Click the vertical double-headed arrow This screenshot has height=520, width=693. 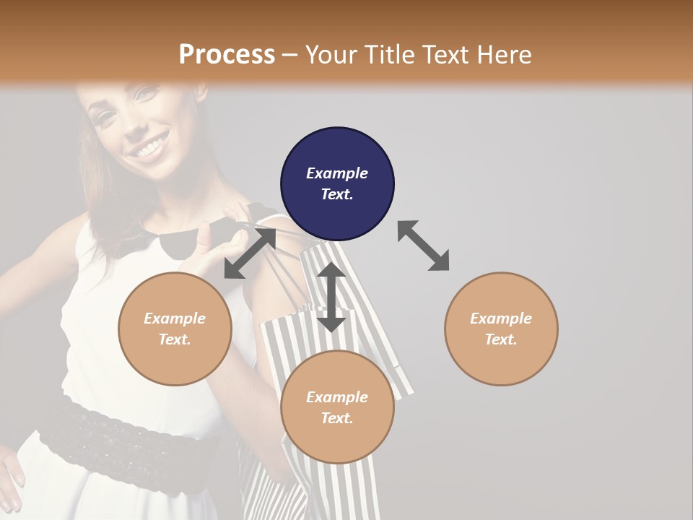tap(331, 297)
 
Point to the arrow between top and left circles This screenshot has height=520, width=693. tap(250, 253)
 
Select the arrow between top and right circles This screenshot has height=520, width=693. tap(423, 246)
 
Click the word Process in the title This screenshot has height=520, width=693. tap(227, 54)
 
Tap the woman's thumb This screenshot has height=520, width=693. tap(205, 235)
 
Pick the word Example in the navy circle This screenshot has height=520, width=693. tap(337, 173)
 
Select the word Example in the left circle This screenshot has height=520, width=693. tap(175, 318)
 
